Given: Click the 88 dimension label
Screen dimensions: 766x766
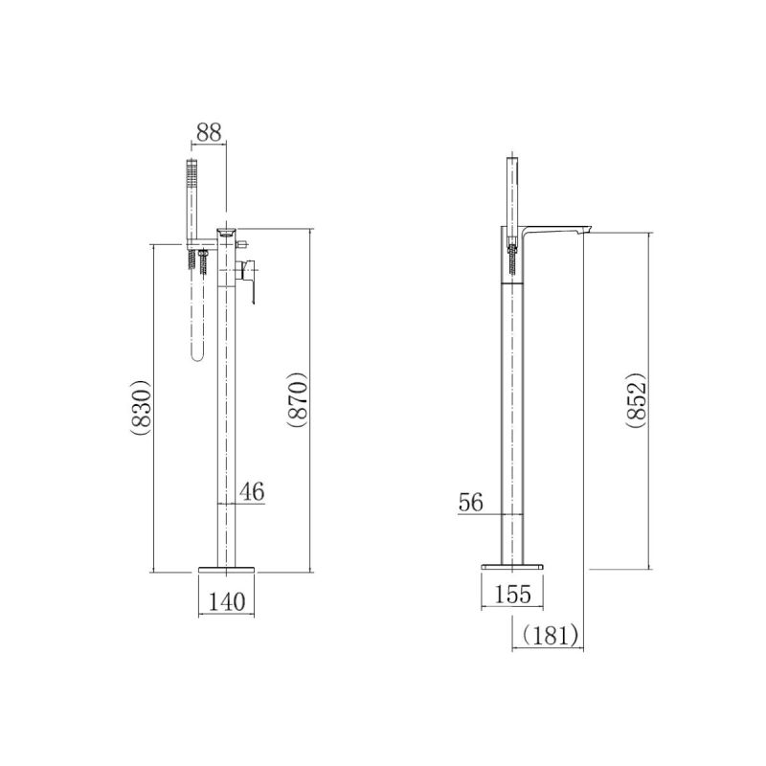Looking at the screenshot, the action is (209, 132).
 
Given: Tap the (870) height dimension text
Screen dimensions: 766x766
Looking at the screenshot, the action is (298, 400).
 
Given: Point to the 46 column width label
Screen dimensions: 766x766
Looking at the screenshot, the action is (252, 491).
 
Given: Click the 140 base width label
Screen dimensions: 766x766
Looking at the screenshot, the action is (227, 602).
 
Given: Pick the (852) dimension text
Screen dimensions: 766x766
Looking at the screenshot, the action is (637, 400).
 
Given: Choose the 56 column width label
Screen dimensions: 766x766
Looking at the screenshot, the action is (471, 502).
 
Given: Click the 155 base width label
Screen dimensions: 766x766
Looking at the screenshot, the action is (512, 594).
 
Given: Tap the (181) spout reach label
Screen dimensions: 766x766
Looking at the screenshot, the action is (551, 635).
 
